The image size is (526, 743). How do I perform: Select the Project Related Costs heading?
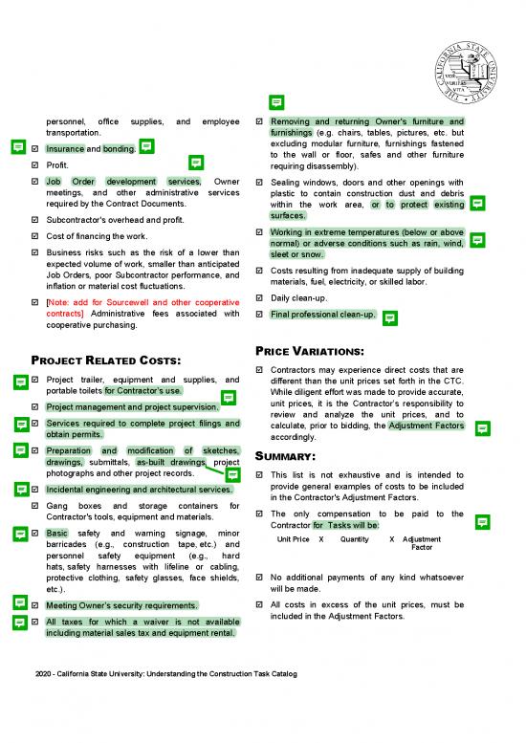(106, 360)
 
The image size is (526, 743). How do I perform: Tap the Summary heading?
(291, 456)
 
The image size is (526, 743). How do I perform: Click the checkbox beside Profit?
(35, 165)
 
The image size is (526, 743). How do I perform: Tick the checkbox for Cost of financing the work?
(35, 236)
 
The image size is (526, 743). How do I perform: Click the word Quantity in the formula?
(354, 539)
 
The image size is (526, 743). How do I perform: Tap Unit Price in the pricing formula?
(293, 539)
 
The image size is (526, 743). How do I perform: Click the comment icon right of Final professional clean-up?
(389, 317)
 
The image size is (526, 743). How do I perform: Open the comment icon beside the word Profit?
(196, 164)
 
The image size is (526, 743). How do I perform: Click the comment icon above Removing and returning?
(275, 103)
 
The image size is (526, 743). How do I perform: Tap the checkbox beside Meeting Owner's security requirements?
(35, 606)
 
